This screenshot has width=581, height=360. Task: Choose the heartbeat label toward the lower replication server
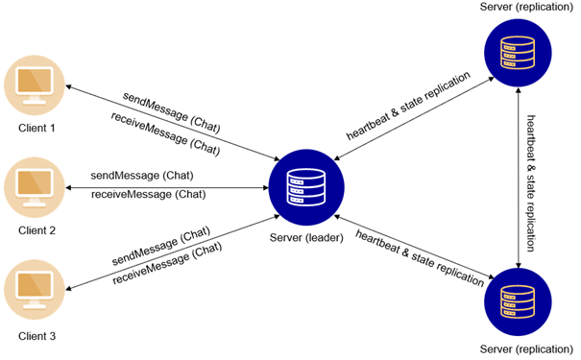(x=419, y=256)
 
